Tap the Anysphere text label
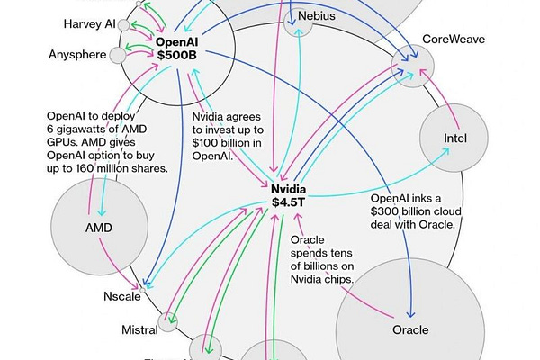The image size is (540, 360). tap(78, 56)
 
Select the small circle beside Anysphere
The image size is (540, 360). tap(117, 56)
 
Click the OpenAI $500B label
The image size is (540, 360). tap(184, 48)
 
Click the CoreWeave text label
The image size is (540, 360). tap(455, 40)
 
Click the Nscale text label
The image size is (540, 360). tap(122, 295)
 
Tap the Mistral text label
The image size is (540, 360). tap(139, 330)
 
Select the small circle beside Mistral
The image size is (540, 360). tap(168, 321)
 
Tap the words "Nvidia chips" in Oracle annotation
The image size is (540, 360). tap(327, 280)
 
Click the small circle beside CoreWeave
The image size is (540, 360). tap(413, 61)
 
